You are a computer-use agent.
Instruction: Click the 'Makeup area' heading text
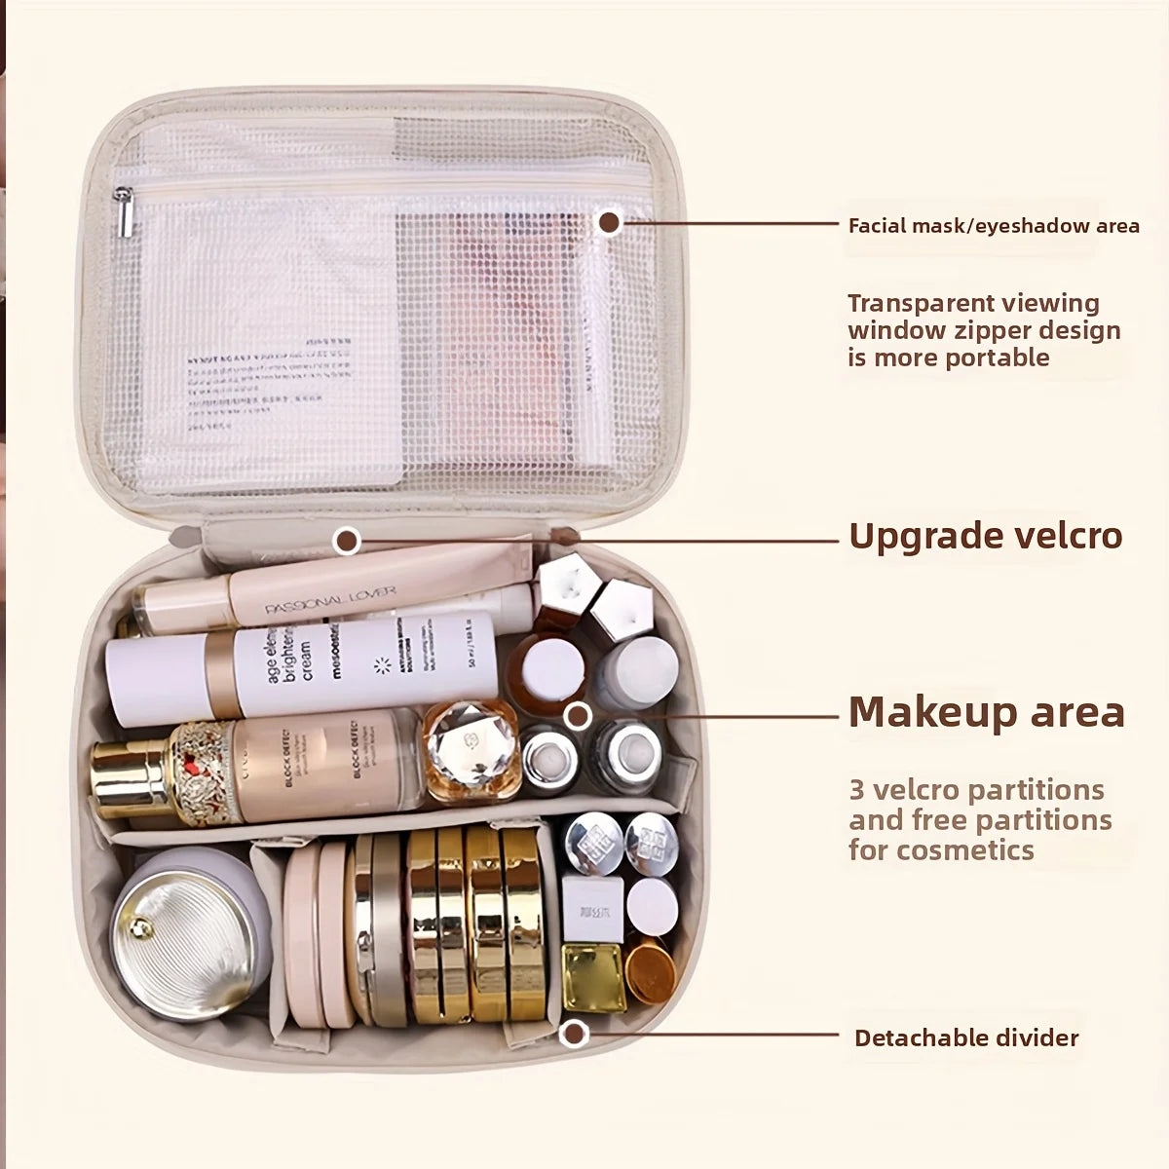pos(986,712)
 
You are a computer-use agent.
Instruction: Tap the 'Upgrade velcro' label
pos(986,537)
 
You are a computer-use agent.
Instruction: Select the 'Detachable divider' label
pos(966,1038)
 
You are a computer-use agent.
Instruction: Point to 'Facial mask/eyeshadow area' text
pos(994,226)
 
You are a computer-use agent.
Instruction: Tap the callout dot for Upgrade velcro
pos(347,540)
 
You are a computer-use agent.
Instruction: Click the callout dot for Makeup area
pos(579,716)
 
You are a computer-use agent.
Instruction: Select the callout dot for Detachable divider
pos(575,1033)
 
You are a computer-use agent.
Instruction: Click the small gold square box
pos(593,976)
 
